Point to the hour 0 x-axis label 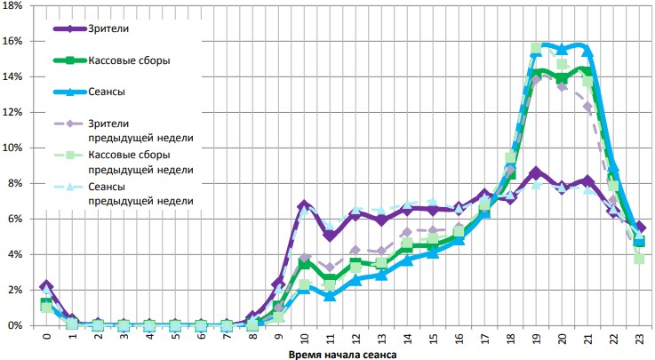click(46, 339)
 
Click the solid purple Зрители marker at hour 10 click(304, 205)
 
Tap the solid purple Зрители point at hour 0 click(46, 286)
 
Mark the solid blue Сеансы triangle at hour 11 click(330, 296)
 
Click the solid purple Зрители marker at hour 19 click(536, 172)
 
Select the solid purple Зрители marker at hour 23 click(639, 228)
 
